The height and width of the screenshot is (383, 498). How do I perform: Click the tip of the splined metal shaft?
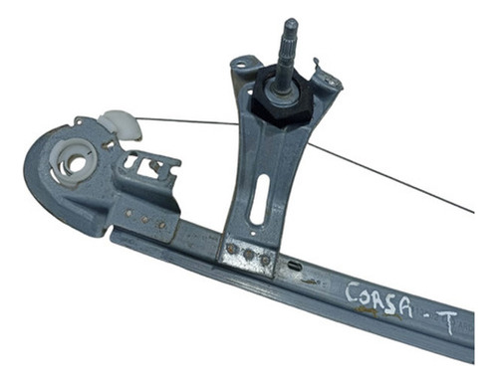(x=291, y=21)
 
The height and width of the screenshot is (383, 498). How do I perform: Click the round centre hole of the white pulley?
(x=77, y=164)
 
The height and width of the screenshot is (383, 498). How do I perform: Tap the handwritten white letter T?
(x=447, y=321)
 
